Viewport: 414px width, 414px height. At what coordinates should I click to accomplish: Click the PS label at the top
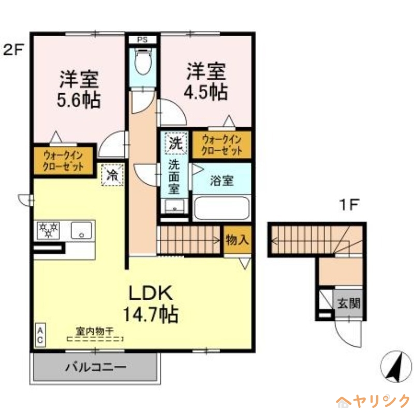143,39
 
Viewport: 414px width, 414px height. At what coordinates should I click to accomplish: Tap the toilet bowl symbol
142,63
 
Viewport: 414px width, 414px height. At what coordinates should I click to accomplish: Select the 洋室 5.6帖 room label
79,88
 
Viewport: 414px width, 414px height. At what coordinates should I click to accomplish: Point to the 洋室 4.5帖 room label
206,81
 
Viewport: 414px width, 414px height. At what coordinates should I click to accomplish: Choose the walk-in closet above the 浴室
222,145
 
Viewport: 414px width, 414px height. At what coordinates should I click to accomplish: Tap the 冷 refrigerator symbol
112,174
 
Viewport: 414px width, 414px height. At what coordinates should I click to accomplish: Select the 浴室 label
221,181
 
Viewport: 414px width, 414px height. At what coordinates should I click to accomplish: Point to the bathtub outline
221,208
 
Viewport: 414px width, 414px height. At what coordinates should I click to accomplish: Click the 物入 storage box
238,240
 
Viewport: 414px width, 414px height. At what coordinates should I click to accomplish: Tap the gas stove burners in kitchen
48,229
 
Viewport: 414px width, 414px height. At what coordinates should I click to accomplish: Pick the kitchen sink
81,229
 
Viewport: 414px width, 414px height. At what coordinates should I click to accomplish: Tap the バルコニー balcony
95,368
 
